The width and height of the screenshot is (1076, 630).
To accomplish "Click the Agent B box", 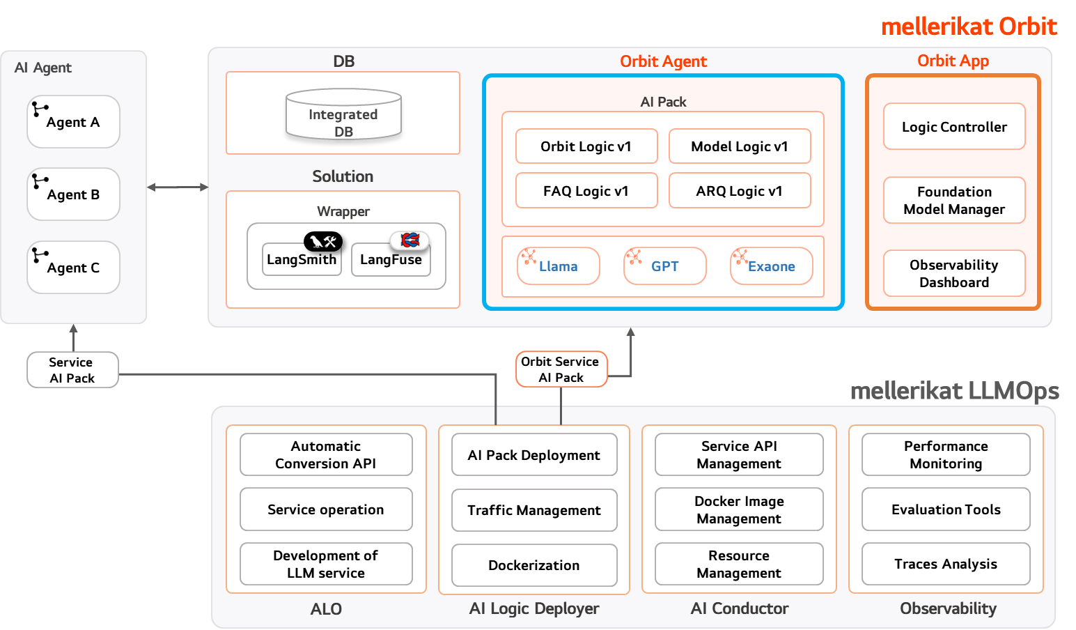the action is point(74,194).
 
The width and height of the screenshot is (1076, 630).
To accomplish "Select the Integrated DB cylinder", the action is point(343,114).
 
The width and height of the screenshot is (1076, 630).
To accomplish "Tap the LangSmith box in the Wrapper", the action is point(302,259).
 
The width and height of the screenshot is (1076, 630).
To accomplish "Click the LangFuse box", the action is point(391,259).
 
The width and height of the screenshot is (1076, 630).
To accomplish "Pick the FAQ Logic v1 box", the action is point(586,191).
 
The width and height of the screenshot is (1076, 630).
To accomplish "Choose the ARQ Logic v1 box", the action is point(740,191).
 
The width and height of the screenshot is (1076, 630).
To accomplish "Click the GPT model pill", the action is point(665,266).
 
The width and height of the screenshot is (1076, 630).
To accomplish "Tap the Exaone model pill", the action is point(772,266).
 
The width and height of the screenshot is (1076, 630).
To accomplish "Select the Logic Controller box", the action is point(954,126).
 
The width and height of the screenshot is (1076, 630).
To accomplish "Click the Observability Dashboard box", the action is point(954,273).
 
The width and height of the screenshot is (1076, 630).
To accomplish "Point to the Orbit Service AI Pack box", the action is point(561,369).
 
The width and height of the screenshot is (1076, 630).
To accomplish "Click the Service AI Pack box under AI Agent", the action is point(72,369).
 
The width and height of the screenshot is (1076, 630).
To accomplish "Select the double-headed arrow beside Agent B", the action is point(178,187).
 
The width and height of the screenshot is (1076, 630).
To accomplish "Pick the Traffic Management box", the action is point(534,510).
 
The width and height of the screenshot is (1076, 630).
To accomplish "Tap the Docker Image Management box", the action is point(739,509).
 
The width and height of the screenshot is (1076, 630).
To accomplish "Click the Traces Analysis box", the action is point(946,564).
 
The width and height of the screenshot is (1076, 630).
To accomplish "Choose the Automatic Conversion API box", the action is point(326,454).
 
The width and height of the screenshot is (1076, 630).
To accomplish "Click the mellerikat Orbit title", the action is point(969,26).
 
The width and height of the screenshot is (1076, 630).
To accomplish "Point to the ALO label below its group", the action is point(326,609).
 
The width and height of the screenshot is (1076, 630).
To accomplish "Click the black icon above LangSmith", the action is point(323,241).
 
